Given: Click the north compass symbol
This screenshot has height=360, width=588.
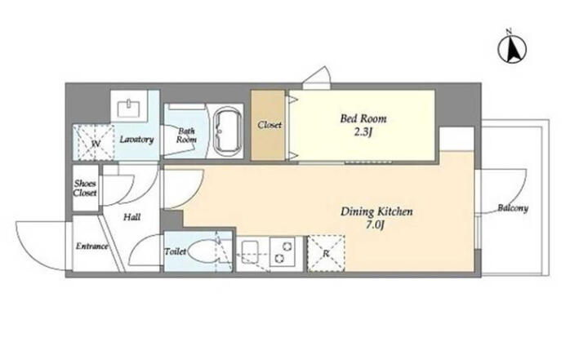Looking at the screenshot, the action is (512, 47).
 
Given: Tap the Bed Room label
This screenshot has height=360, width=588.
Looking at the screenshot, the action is (363, 119).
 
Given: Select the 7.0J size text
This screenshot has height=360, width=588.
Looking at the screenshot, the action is (376, 225).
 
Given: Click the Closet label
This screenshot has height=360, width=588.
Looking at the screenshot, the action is (269, 125).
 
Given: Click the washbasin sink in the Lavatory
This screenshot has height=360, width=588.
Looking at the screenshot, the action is (129, 108).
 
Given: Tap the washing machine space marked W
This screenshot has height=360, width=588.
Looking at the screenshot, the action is (93, 143).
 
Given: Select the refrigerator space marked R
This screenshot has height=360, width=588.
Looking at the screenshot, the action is (326, 253).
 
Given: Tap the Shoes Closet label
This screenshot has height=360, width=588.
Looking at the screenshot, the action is (85, 188).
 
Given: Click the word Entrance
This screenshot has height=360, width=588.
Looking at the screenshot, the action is (92, 246).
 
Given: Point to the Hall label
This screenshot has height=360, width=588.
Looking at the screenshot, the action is (132, 217).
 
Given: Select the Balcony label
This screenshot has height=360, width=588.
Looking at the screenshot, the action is (513, 207).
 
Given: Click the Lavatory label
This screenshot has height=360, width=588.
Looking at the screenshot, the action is (136, 140).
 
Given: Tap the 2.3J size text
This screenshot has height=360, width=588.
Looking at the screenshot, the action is (363, 132).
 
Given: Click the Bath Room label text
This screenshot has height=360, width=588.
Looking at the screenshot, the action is (186, 136).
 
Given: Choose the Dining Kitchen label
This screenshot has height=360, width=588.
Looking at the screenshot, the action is (376, 212).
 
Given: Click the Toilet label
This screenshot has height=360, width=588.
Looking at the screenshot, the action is (175, 251).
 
